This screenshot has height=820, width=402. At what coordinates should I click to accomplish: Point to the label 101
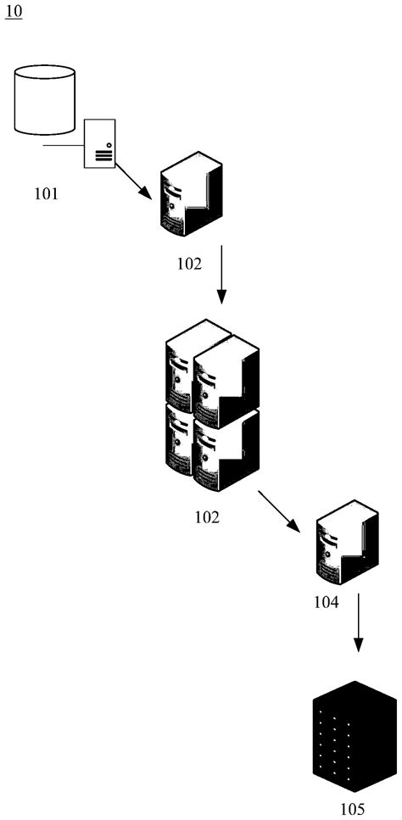46,194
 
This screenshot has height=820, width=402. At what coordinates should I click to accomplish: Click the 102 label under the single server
189,264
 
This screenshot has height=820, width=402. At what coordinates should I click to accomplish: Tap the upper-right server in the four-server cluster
226,374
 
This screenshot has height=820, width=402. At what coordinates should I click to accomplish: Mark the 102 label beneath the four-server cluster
207,516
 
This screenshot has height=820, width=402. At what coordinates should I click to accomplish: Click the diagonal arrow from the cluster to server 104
281,510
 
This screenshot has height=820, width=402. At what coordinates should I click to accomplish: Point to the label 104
326,603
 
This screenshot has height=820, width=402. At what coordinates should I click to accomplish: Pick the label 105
351,809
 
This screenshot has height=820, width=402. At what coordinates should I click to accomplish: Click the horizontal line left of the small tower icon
63,146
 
